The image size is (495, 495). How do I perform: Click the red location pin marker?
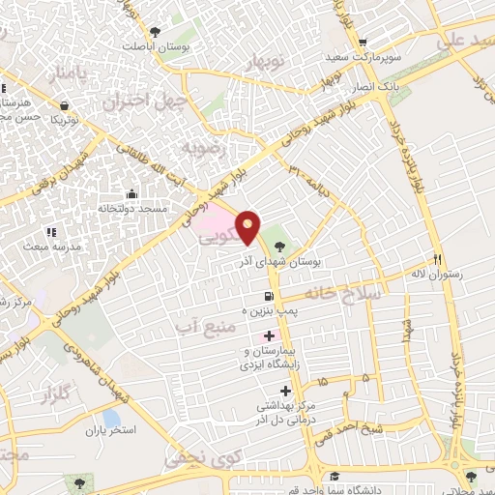point(249,227)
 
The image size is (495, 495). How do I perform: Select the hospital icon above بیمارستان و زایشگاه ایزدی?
point(268,335)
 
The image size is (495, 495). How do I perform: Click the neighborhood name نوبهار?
point(273,61)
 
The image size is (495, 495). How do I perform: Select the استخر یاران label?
point(107,427)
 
